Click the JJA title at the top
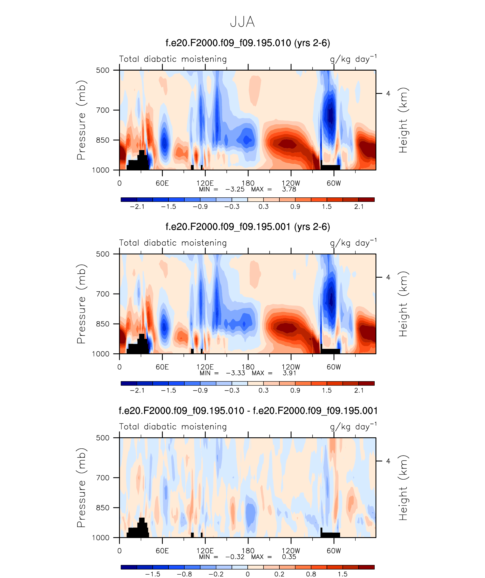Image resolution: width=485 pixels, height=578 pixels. [242, 22]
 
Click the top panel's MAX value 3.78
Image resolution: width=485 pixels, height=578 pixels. [289, 189]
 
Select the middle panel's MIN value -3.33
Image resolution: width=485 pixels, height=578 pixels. [235, 373]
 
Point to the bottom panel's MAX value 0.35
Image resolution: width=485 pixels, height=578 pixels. [289, 557]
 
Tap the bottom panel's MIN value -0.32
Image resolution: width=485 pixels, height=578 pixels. [235, 557]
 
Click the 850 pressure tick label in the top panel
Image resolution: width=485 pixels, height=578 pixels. [103, 140]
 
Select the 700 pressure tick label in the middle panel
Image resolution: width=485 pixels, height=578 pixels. [103, 294]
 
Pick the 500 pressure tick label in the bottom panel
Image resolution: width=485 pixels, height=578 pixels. [103, 438]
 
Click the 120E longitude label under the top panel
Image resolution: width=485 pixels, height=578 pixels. [205, 183]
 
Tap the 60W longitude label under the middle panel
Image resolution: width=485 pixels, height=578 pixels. [334, 367]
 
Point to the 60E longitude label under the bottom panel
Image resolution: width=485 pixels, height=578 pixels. [162, 551]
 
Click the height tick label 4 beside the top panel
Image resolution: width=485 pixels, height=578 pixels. [388, 93]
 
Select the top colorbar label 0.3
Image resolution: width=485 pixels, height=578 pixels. [263, 206]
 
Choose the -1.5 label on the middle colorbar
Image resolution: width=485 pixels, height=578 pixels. [168, 390]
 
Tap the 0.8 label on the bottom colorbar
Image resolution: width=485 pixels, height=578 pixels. [311, 574]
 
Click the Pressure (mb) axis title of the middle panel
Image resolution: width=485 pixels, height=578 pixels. [81, 304]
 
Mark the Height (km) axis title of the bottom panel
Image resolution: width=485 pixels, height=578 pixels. [403, 488]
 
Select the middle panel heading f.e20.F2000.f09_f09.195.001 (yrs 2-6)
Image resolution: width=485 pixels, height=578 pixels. [248, 227]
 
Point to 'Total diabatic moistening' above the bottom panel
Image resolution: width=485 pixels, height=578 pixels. [173, 427]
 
